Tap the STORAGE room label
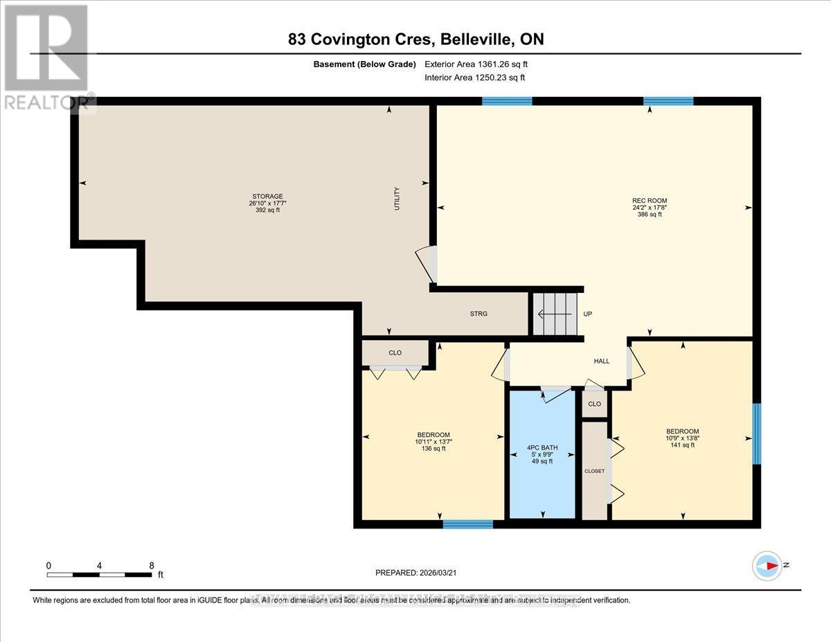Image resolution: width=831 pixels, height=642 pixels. tap(267, 197)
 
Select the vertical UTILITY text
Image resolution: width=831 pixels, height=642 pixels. tap(397, 199)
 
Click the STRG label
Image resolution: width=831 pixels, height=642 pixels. tap(479, 314)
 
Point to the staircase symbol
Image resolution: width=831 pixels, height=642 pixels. tap(555, 314)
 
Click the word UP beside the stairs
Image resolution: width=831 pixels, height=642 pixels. tap(587, 314)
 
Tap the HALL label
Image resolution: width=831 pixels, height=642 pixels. tap(601, 361)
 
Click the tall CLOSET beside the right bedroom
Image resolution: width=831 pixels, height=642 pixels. tap(594, 471)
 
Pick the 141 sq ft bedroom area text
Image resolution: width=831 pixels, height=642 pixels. tap(682, 445)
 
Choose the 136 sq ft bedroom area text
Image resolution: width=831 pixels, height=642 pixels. tap(434, 449)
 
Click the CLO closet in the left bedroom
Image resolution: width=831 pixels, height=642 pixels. tap(395, 353)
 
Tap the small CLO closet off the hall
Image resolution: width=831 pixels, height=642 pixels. tap(594, 404)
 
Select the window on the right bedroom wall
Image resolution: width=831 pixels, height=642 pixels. tap(756, 434)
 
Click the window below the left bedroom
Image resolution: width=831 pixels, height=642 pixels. tap(468, 524)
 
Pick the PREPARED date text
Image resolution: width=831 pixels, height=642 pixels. tap(415, 573)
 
